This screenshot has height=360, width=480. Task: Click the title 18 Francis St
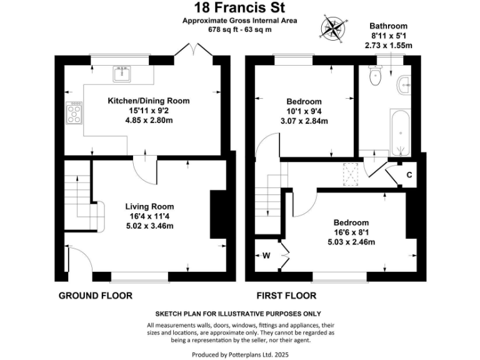click(240, 8)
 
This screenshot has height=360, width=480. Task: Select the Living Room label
click(149, 206)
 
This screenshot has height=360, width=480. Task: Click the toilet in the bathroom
click(376, 77)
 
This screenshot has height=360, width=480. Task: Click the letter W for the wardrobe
click(266, 255)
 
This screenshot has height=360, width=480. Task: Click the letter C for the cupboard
click(409, 174)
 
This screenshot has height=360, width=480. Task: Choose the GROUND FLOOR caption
click(95, 296)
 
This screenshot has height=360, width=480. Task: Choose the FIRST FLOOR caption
click(287, 296)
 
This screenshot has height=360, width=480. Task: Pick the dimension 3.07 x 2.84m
click(304, 121)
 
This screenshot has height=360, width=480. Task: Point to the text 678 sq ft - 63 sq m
click(240, 29)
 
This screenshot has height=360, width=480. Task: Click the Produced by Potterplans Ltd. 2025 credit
click(240, 354)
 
